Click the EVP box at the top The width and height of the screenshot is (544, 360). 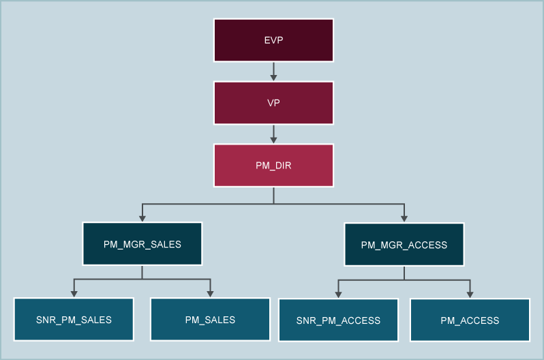coord(273,40)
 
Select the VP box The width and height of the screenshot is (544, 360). coord(273,103)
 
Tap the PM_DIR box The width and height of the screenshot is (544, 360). coord(273,165)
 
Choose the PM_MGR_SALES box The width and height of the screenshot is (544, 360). coord(142,243)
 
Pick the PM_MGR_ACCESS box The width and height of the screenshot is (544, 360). coord(404,244)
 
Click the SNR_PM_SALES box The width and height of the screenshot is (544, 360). coord(74,319)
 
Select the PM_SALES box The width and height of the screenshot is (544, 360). coord(210,319)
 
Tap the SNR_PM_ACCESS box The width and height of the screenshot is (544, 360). coord(338,320)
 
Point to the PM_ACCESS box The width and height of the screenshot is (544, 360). coord(470,320)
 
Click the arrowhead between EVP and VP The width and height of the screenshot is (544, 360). coord(273,77)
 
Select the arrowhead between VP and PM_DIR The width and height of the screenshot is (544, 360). coord(273,140)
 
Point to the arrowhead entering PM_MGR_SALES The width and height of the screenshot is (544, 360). coord(142,218)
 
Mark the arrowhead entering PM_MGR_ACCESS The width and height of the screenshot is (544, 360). coord(404,219)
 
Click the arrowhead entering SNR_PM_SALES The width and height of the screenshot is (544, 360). coord(74,294)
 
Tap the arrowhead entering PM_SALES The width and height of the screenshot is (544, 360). coord(210,294)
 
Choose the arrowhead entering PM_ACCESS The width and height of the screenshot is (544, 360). coord(470,295)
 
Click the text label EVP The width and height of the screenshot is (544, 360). coord(273,40)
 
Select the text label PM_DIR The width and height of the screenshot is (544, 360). coord(273,165)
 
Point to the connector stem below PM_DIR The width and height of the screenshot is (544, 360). coord(273,195)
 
